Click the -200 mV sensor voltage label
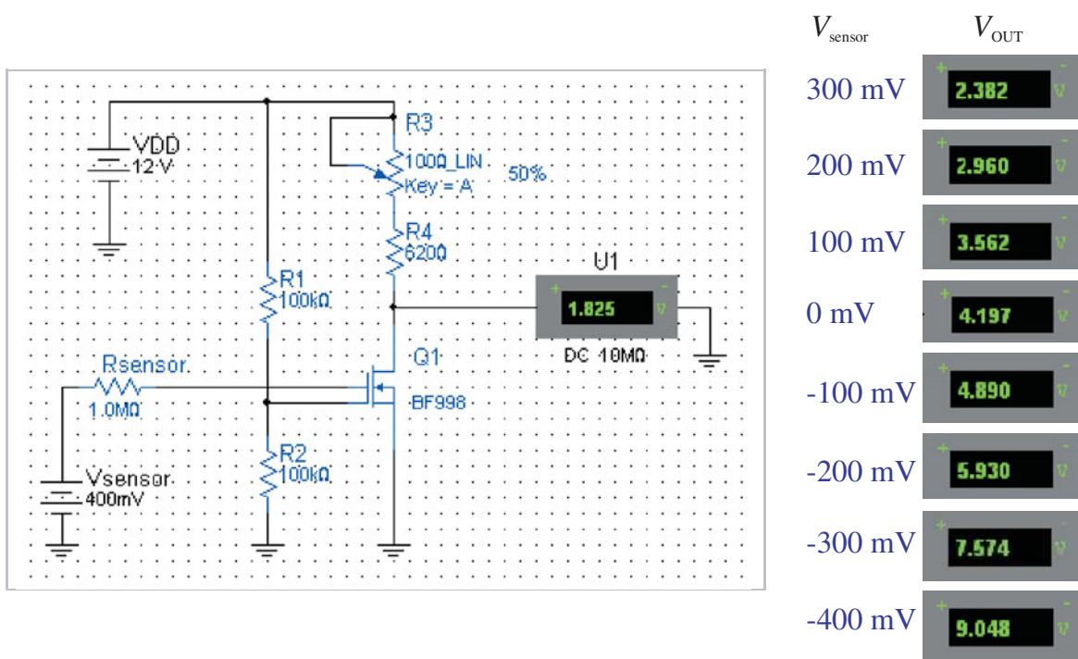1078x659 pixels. pyautogui.click(x=861, y=472)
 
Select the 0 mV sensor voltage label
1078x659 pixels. pyautogui.click(x=839, y=314)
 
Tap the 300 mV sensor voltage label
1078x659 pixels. pyautogui.click(x=856, y=90)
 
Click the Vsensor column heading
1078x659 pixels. pyautogui.click(x=839, y=29)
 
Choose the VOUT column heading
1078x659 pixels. pyautogui.click(x=998, y=29)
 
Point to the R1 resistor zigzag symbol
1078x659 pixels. pyautogui.click(x=267, y=299)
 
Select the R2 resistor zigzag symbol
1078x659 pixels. pyautogui.click(x=267, y=473)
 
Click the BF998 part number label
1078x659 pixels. pyautogui.click(x=438, y=403)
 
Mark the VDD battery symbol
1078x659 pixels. pyautogui.click(x=108, y=165)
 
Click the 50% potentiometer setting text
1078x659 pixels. pyautogui.click(x=527, y=173)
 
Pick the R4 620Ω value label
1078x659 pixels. pyautogui.click(x=426, y=254)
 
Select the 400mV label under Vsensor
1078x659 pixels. pyautogui.click(x=115, y=499)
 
